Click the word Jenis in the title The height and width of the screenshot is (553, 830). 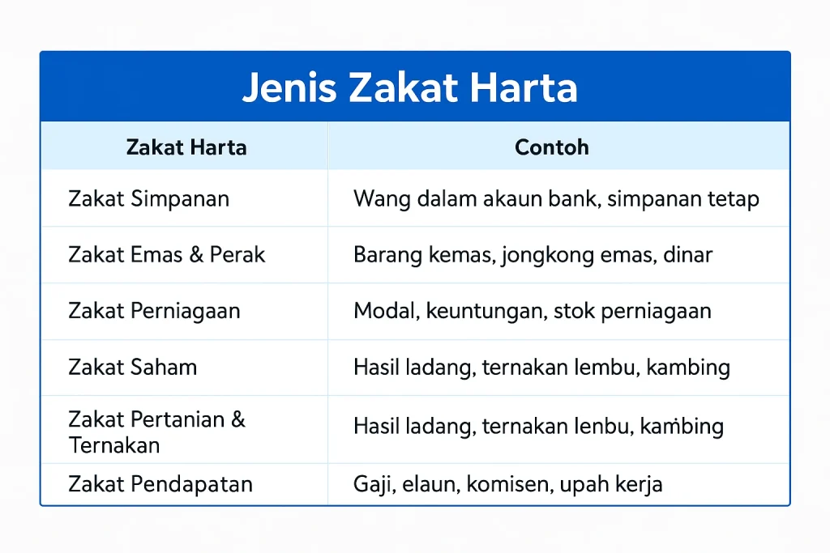tap(288, 88)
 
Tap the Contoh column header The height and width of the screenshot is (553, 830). tap(552, 147)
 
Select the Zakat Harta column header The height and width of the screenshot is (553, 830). tap(186, 147)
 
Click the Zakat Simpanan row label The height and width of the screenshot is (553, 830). tap(148, 198)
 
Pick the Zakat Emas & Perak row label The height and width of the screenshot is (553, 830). tap(167, 255)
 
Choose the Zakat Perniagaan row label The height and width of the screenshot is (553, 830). tap(154, 312)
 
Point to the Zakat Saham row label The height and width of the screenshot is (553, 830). tap(133, 367)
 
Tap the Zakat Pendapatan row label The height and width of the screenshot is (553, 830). tap(160, 484)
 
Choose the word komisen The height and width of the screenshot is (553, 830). tap(501, 484)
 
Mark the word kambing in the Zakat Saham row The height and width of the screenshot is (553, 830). tap(692, 368)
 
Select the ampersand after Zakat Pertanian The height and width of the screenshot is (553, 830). tap(237, 419)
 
